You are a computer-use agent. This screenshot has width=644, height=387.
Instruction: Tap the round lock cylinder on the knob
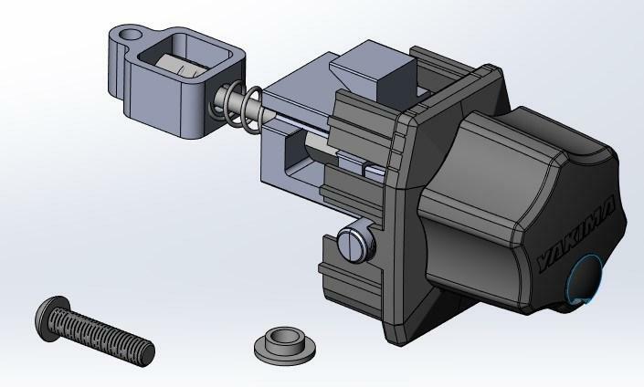point(586,279)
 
